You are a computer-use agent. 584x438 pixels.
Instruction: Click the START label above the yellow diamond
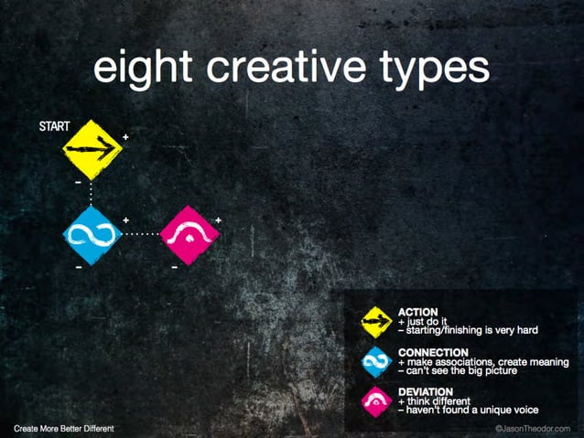(55, 126)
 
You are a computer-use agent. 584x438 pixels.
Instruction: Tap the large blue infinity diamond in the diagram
(92, 234)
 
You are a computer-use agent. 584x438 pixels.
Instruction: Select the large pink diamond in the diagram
(189, 234)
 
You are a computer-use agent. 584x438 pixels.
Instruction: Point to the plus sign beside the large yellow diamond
(125, 136)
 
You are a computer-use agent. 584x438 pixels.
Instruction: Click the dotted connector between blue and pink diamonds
(141, 234)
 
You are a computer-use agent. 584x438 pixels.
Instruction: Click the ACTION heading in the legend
(418, 312)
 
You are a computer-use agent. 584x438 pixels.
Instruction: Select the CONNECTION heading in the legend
(434, 352)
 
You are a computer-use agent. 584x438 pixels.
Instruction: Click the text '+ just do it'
(426, 321)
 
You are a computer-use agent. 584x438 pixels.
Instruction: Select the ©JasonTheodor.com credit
(531, 428)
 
